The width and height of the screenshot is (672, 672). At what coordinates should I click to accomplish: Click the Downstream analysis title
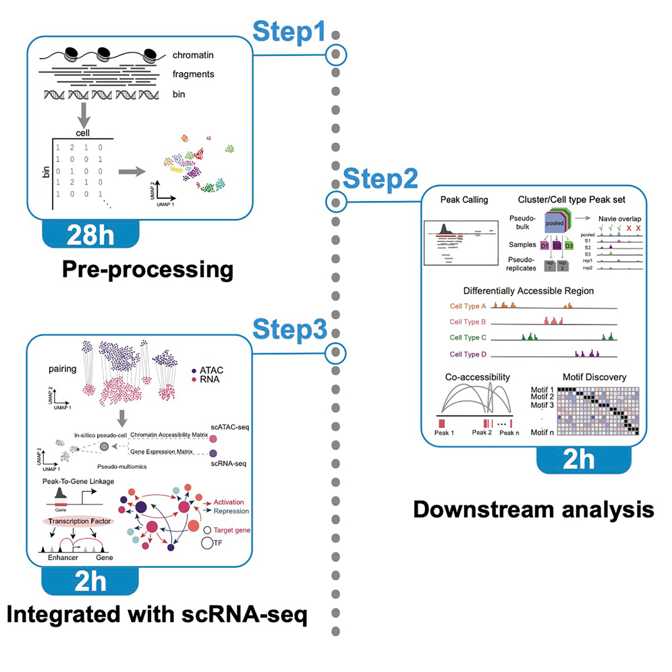pyautogui.click(x=533, y=508)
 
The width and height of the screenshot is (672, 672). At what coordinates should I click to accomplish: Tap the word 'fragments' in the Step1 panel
pyautogui.click(x=193, y=74)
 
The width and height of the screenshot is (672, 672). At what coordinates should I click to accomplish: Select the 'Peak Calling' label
pyautogui.click(x=464, y=200)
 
